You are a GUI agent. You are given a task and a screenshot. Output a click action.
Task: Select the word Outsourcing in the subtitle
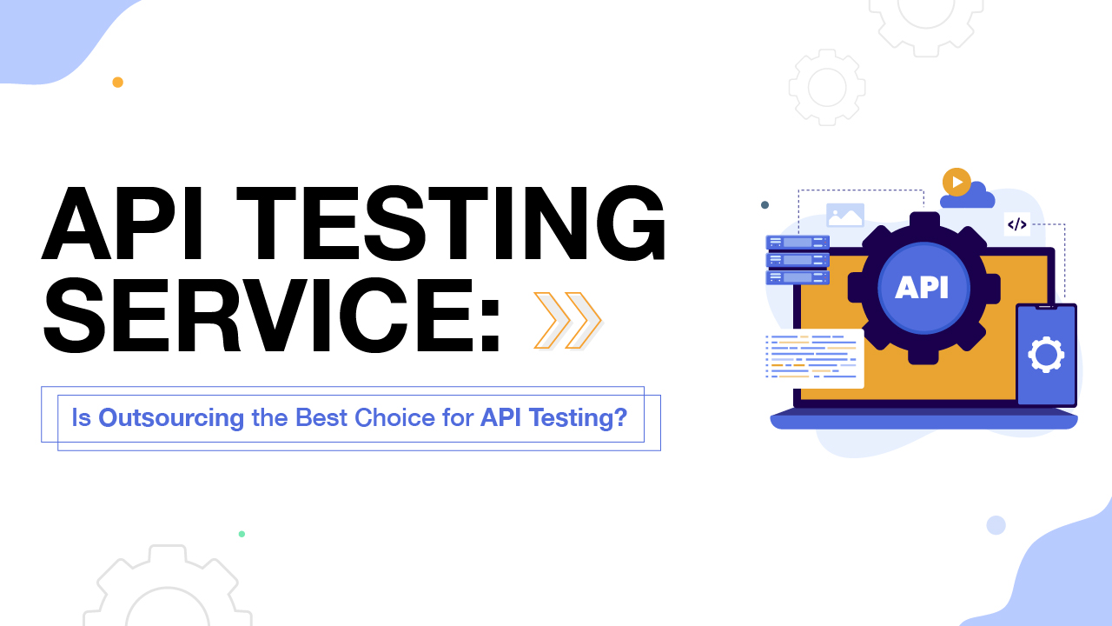tap(171, 418)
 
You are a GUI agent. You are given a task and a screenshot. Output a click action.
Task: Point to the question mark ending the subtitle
tap(620, 418)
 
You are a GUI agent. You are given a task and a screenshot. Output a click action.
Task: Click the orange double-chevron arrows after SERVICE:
tap(567, 321)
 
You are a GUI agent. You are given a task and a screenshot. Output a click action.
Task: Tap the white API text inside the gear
tap(922, 287)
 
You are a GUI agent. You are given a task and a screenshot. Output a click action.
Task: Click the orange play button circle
tap(956, 182)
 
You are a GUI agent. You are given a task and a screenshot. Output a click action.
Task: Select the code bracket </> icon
tap(1016, 224)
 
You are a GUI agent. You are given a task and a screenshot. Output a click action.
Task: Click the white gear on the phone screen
tap(1046, 354)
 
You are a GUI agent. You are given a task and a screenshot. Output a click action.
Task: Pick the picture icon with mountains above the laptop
tap(845, 216)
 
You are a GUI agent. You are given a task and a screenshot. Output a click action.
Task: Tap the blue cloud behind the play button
tap(976, 196)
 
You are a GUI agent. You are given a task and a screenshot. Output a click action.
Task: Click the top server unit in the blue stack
tap(797, 243)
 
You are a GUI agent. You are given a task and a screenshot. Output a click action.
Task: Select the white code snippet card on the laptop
tap(813, 357)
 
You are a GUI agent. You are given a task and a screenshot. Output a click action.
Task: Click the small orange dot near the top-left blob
tap(117, 83)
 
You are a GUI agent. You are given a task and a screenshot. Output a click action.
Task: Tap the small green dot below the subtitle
tap(242, 534)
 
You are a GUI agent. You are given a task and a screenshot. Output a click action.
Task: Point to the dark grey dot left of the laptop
tap(764, 205)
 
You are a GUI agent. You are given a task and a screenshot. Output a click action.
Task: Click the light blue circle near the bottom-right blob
tap(996, 525)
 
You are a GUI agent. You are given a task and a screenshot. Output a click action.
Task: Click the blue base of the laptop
tap(923, 421)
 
